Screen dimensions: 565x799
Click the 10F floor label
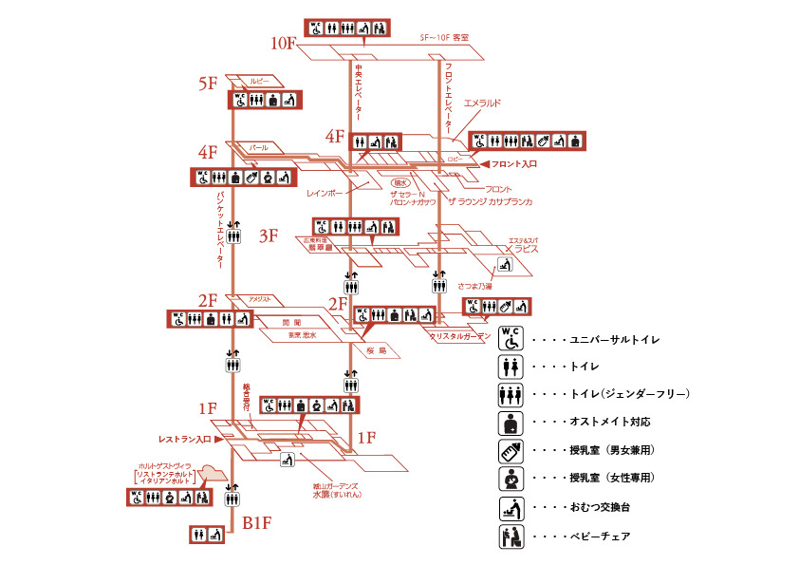coord(284,44)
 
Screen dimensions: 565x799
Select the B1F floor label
coord(257,521)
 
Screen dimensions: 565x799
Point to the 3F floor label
coord(269,236)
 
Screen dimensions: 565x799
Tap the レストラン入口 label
coord(184,441)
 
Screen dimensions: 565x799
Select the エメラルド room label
coord(489,103)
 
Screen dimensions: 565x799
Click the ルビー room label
coord(260,81)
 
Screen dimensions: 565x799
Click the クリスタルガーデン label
coord(460,336)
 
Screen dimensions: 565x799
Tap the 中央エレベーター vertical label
coord(359,91)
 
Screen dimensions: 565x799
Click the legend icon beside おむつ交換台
coord(511,507)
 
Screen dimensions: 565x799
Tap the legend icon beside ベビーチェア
coord(511,537)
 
